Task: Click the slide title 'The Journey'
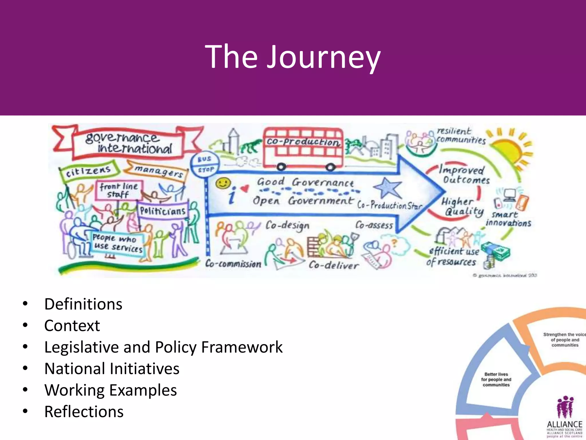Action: coord(293,57)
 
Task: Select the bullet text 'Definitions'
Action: coord(83,304)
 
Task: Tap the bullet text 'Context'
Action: coord(72,326)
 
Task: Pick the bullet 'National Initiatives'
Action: coord(112,369)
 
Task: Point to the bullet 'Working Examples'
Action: coord(111,390)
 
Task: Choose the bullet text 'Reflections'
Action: coord(84,412)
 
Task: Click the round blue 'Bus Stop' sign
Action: coord(205,164)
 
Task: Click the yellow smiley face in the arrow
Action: coord(223,183)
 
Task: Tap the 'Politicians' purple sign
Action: coord(163,211)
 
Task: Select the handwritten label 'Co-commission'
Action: coord(233,264)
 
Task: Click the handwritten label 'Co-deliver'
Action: coord(333,265)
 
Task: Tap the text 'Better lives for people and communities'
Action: coord(496,380)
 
